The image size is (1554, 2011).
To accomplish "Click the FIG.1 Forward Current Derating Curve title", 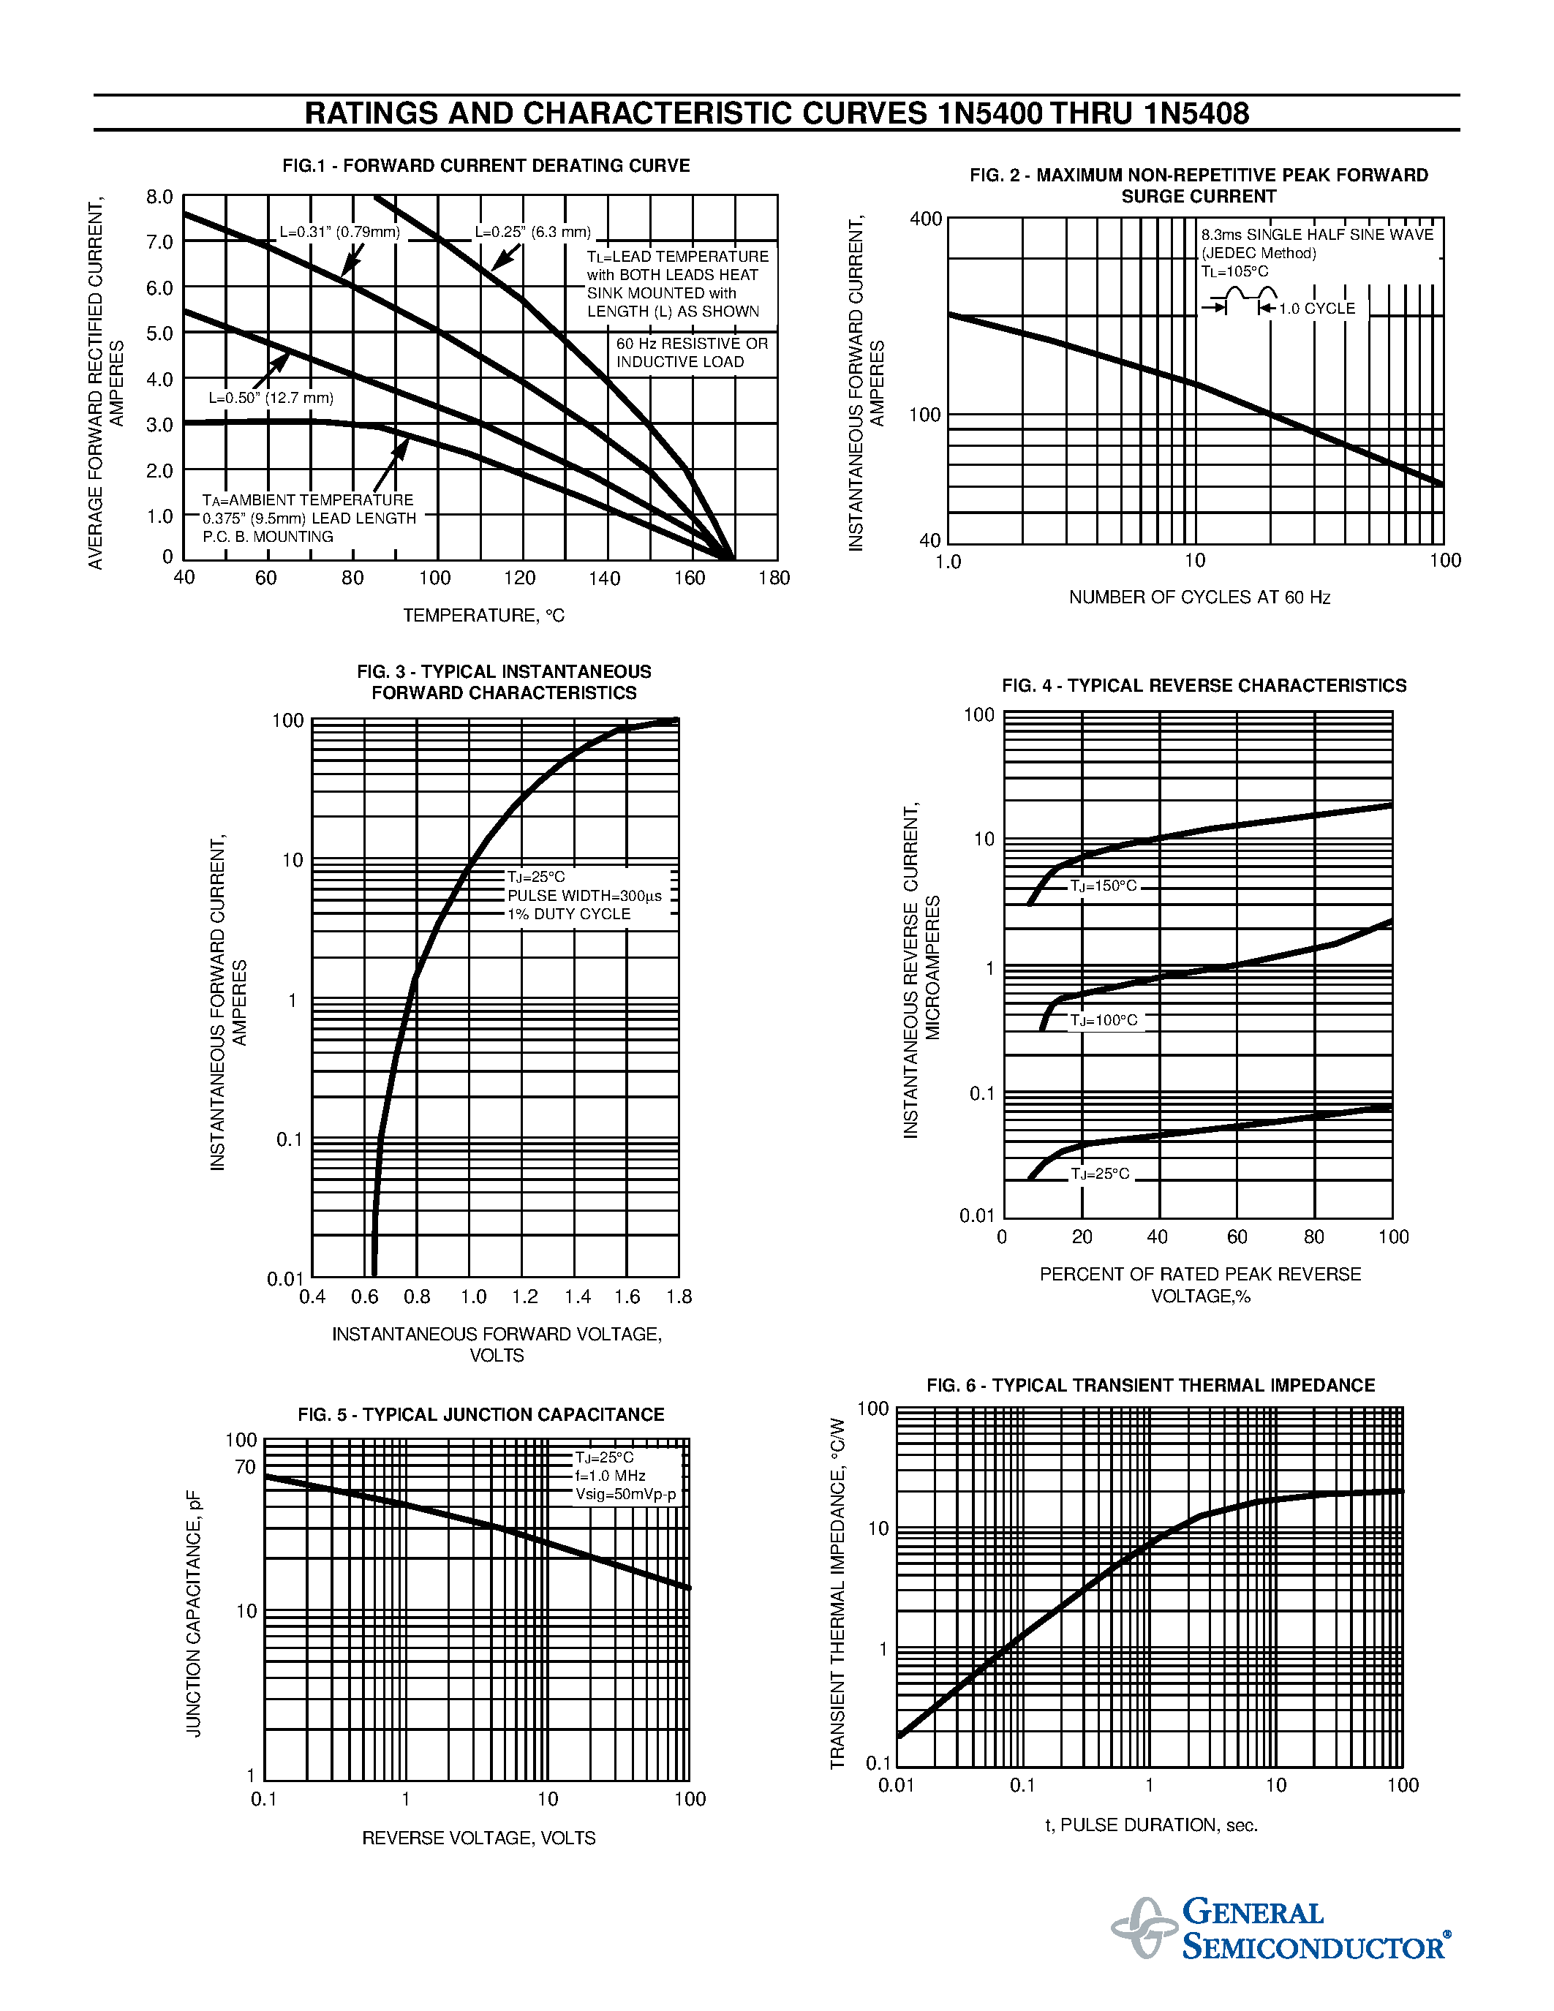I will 486,166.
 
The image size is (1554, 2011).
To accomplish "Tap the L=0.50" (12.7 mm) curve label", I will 271,398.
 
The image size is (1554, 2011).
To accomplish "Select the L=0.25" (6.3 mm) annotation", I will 533,232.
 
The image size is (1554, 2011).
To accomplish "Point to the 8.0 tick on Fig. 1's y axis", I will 159,197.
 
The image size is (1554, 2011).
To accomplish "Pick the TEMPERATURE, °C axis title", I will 483,615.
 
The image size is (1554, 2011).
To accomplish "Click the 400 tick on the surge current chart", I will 925,219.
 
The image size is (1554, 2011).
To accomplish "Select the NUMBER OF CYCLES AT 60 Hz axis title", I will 1199,597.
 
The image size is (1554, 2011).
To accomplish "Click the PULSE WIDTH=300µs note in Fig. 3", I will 584,896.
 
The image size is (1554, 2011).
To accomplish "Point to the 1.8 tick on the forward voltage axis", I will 679,1297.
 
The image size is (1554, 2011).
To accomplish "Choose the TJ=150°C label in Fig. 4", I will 1103,886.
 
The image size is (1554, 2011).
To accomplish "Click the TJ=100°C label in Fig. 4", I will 1103,1020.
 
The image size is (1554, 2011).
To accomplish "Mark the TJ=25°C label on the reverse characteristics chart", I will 1099,1174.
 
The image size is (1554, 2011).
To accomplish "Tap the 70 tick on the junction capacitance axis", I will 245,1467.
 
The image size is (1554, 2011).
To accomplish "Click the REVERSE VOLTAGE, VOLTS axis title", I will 479,1838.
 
